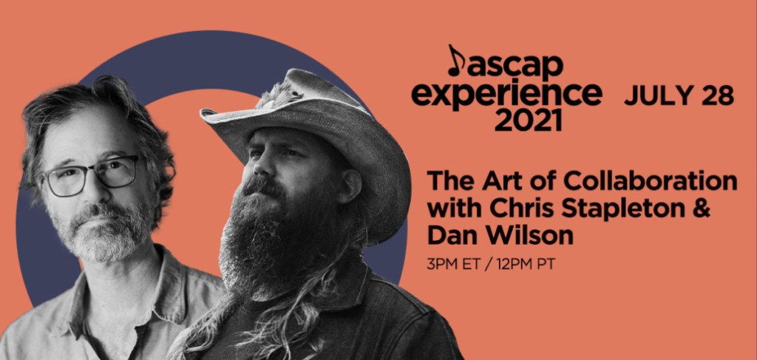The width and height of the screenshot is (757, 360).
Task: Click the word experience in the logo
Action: pos(506,95)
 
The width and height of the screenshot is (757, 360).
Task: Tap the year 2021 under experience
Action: pos(528,120)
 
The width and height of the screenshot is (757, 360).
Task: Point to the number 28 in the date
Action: pos(717,96)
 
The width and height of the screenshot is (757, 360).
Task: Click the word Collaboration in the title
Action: pos(652,181)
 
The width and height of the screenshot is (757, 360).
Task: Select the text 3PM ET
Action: pos(453,265)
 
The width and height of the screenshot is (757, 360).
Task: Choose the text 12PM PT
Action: pos(523,265)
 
